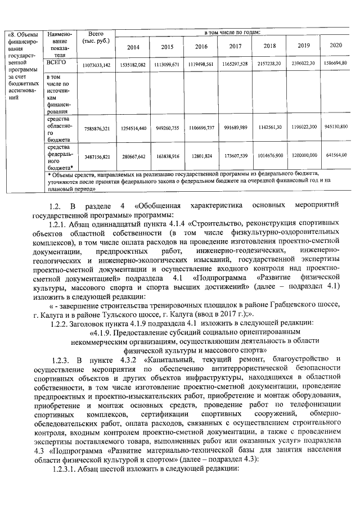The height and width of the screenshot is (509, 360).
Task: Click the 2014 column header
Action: pyautogui.click(x=133, y=47)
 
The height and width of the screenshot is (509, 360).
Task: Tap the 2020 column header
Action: pyautogui.click(x=336, y=45)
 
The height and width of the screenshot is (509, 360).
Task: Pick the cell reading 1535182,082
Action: pyautogui.click(x=133, y=65)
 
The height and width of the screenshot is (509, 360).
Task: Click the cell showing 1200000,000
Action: pyautogui.click(x=304, y=154)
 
